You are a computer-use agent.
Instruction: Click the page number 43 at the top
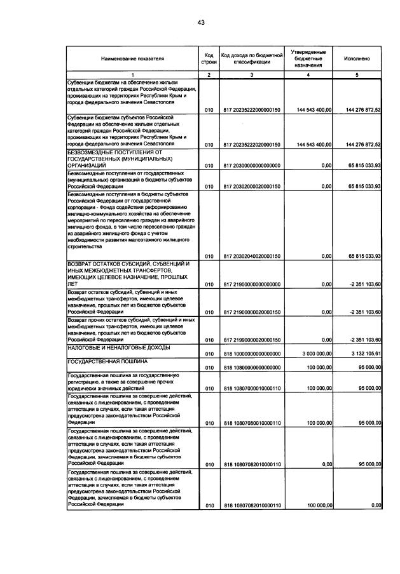[200, 22]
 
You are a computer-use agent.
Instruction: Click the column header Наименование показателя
[132, 58]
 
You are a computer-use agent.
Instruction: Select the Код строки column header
[208, 58]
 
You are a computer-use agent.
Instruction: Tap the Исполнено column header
[356, 58]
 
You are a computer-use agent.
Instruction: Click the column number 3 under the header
[251, 75]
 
